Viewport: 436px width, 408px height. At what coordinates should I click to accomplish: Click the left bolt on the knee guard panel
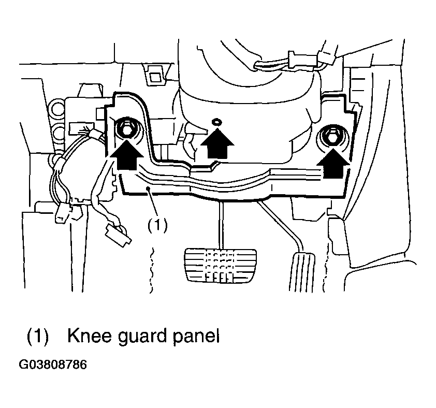(x=126, y=128)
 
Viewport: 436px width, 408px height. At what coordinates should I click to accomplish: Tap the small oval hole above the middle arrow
(x=216, y=122)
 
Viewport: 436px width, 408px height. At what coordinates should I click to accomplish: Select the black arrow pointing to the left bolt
(x=127, y=154)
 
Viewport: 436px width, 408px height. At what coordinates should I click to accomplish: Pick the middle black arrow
(x=217, y=143)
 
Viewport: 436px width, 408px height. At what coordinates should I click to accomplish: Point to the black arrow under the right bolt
(x=333, y=163)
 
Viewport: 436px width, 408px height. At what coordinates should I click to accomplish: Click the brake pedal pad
(x=220, y=266)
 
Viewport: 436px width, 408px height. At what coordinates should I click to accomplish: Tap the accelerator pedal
(x=302, y=272)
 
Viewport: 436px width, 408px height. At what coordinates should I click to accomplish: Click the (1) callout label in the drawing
(x=157, y=224)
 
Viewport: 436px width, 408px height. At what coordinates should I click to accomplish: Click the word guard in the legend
(x=142, y=337)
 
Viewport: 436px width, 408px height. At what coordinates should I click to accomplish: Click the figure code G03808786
(x=53, y=365)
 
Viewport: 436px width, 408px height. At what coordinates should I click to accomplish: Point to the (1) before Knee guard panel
(x=37, y=337)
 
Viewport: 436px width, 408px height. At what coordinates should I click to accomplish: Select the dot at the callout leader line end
(x=149, y=188)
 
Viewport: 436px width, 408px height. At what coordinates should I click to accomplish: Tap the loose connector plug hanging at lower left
(x=118, y=235)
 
